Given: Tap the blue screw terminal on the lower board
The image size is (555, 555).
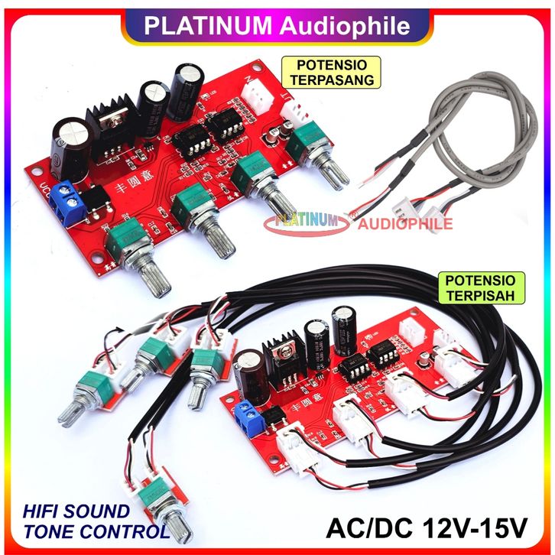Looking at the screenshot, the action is tap(248, 414).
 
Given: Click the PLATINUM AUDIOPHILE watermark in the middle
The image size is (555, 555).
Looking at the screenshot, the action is tap(359, 222).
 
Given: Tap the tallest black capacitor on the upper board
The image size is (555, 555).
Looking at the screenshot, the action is tap(189, 90).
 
